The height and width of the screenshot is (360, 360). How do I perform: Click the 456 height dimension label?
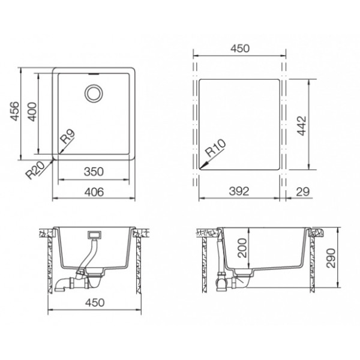click(x=14, y=111)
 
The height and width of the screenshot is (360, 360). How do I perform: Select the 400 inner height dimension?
click(x=32, y=112)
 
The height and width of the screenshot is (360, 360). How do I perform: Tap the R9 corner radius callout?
click(x=68, y=136)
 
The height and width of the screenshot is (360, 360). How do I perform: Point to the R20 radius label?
click(x=35, y=170)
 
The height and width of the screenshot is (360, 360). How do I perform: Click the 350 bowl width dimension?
click(x=94, y=172)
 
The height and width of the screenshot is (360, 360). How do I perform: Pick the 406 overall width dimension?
click(x=94, y=192)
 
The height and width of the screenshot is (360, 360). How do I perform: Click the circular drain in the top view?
click(x=94, y=94)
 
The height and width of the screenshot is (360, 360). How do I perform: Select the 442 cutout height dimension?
click(x=302, y=125)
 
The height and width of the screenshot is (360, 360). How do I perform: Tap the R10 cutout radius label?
click(x=215, y=148)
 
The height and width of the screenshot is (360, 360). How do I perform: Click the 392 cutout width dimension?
click(x=239, y=191)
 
